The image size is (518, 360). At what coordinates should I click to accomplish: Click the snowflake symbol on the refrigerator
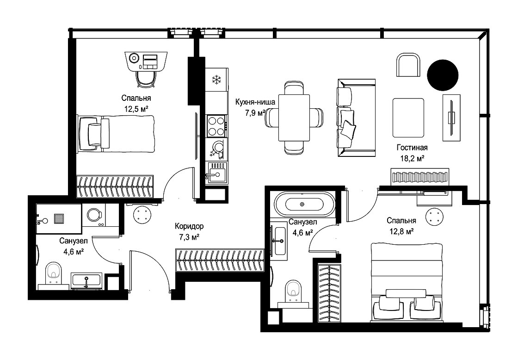click(216, 79)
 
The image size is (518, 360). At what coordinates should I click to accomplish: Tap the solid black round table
click(443, 75)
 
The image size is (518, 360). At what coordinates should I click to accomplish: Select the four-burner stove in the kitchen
click(217, 126)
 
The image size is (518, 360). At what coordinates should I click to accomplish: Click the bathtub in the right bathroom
click(304, 204)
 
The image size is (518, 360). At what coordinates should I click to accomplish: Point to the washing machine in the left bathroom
click(93, 215)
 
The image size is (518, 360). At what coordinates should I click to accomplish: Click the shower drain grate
click(59, 219)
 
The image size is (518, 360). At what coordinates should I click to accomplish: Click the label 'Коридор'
click(189, 226)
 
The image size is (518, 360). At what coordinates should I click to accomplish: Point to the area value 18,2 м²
click(412, 158)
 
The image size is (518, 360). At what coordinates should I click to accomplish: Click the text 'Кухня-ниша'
click(255, 102)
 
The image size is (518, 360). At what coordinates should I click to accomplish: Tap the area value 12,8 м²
click(401, 231)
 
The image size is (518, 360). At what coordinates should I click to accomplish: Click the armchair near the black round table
click(408, 65)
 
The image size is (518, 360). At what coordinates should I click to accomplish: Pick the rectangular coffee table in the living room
click(408, 118)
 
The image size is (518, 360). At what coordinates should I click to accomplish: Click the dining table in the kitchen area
click(294, 118)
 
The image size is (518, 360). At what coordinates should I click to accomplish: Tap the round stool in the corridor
click(142, 215)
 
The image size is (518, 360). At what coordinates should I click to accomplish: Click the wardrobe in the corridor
click(220, 261)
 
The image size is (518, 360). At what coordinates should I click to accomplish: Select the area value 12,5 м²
click(136, 109)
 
